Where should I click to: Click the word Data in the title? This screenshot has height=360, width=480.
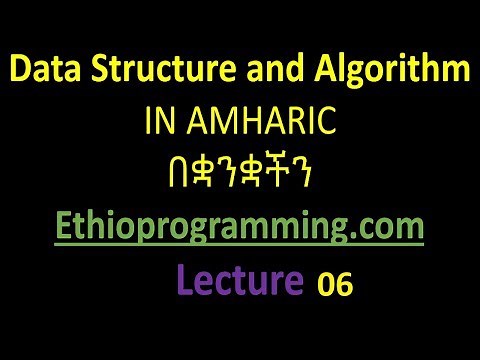pos(43,72)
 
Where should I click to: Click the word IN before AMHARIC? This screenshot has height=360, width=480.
pos(159,123)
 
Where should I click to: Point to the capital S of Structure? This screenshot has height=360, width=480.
pos(87,72)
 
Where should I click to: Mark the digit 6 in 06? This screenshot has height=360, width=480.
pos(344,285)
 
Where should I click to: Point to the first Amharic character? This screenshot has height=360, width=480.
pos(153,176)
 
